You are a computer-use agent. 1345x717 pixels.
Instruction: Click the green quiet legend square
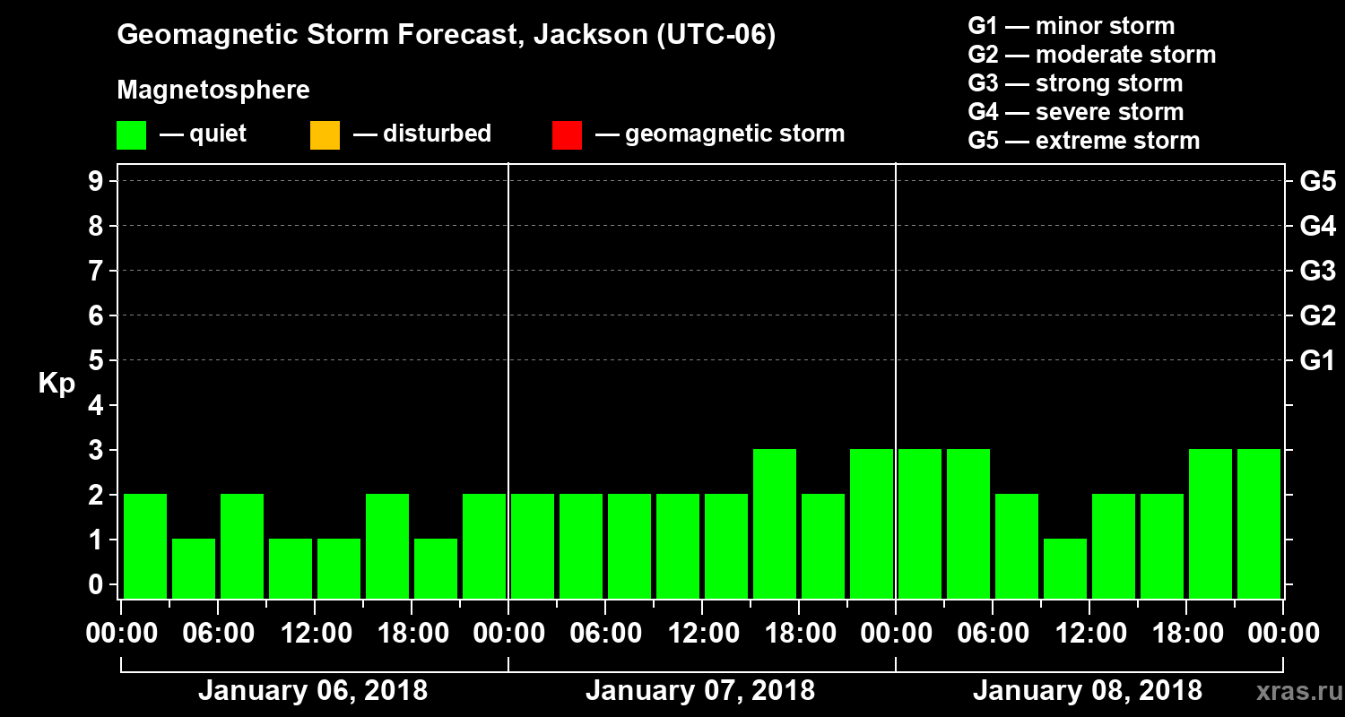131,134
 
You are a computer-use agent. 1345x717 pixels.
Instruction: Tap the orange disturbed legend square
325,134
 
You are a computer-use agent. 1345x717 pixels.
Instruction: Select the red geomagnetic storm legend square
567,134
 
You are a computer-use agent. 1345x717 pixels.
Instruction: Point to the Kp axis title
56,384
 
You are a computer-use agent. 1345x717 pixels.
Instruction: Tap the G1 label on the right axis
1317,361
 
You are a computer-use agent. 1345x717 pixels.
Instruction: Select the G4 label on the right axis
1317,227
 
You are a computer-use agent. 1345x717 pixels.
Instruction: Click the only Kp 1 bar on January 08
1065,567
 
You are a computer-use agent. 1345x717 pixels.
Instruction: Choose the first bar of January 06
145,545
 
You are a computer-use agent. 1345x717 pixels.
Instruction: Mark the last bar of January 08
1259,523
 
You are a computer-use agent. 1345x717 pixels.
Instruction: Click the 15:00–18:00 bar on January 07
775,523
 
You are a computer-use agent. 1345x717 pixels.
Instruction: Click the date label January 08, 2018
1087,691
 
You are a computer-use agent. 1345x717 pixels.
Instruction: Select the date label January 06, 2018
312,691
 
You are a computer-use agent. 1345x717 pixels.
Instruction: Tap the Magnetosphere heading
213,91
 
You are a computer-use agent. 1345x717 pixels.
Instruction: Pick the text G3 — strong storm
1075,83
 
